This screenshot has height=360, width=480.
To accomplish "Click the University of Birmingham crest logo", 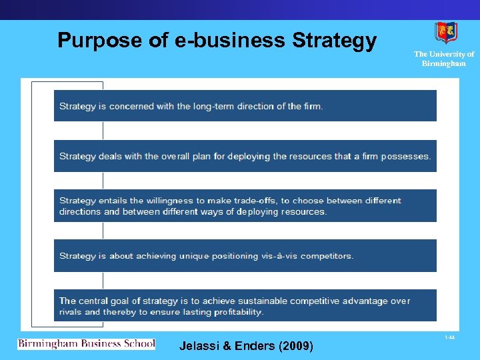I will coord(445,32).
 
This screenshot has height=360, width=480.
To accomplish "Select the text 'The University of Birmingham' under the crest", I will coord(444,59).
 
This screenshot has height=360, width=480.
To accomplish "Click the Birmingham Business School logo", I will coord(86,344).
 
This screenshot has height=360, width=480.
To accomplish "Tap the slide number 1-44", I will coord(450,338).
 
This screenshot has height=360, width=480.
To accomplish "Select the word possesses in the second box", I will coord(405,157).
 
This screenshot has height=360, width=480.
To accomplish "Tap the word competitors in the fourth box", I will coord(327,256).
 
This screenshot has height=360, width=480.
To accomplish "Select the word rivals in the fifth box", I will coord(70,312).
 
